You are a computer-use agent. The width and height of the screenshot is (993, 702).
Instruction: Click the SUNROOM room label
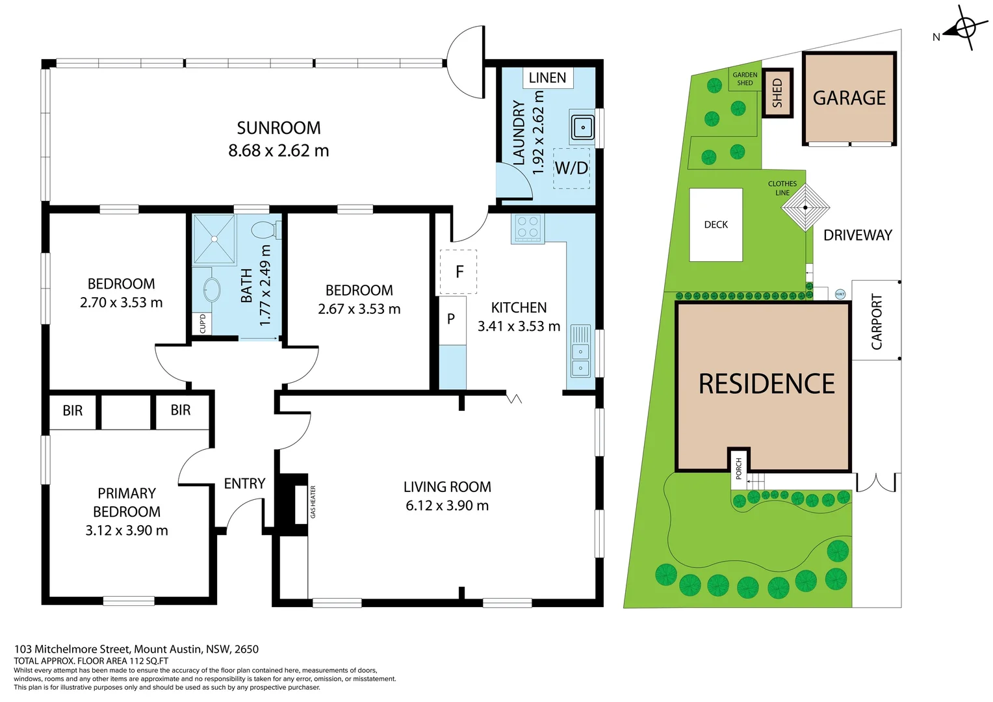278,128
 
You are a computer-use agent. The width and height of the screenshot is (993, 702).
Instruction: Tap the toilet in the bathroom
264,230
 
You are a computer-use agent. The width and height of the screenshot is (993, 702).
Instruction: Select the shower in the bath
214,239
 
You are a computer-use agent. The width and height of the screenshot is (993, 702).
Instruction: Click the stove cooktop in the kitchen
527,228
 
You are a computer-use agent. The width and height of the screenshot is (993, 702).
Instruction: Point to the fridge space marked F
459,272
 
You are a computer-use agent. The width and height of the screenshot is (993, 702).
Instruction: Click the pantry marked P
452,320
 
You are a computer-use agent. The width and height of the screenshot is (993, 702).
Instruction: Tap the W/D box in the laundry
571,168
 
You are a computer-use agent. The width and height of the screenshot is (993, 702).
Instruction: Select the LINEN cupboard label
547,78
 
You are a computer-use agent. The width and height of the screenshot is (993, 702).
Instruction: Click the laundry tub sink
582,127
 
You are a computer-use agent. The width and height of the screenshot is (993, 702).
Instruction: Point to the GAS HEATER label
313,502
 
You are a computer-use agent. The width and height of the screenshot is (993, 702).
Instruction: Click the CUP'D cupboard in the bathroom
202,324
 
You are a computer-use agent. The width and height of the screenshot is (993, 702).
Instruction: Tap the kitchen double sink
580,351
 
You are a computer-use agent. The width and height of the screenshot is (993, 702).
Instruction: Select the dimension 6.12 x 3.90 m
447,506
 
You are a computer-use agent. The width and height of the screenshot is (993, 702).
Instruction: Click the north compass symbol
964,29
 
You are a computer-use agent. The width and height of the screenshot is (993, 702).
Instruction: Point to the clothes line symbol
805,208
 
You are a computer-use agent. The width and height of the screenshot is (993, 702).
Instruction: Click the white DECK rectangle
716,225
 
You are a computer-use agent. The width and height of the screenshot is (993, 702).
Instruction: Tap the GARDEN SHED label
745,79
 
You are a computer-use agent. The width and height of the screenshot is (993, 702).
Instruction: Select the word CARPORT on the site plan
876,321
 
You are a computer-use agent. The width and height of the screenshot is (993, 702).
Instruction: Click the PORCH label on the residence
738,468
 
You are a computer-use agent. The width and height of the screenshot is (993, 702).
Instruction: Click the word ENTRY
244,484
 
